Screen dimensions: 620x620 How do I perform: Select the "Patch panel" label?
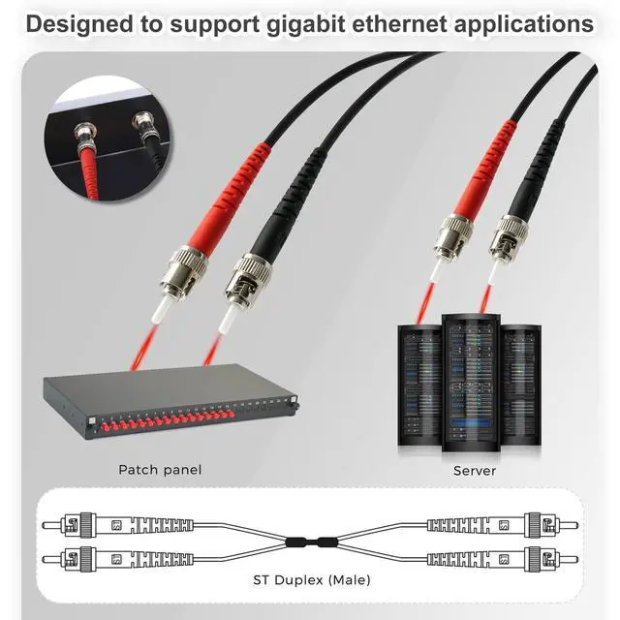pos(160,470)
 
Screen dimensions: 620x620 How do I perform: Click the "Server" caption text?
pos(475,471)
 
